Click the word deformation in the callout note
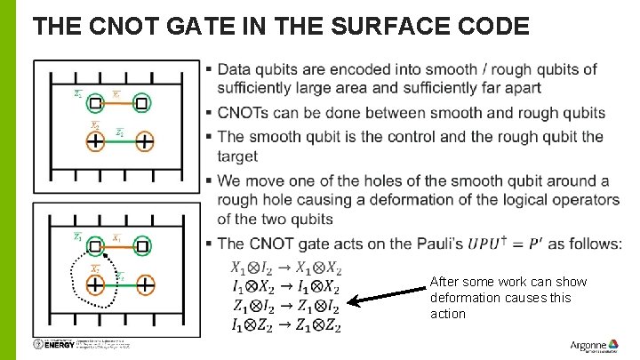[x=468, y=298]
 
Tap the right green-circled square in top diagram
[x=141, y=104]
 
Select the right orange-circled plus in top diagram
[x=143, y=142]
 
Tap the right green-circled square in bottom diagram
[x=141, y=245]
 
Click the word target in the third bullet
[x=237, y=156]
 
